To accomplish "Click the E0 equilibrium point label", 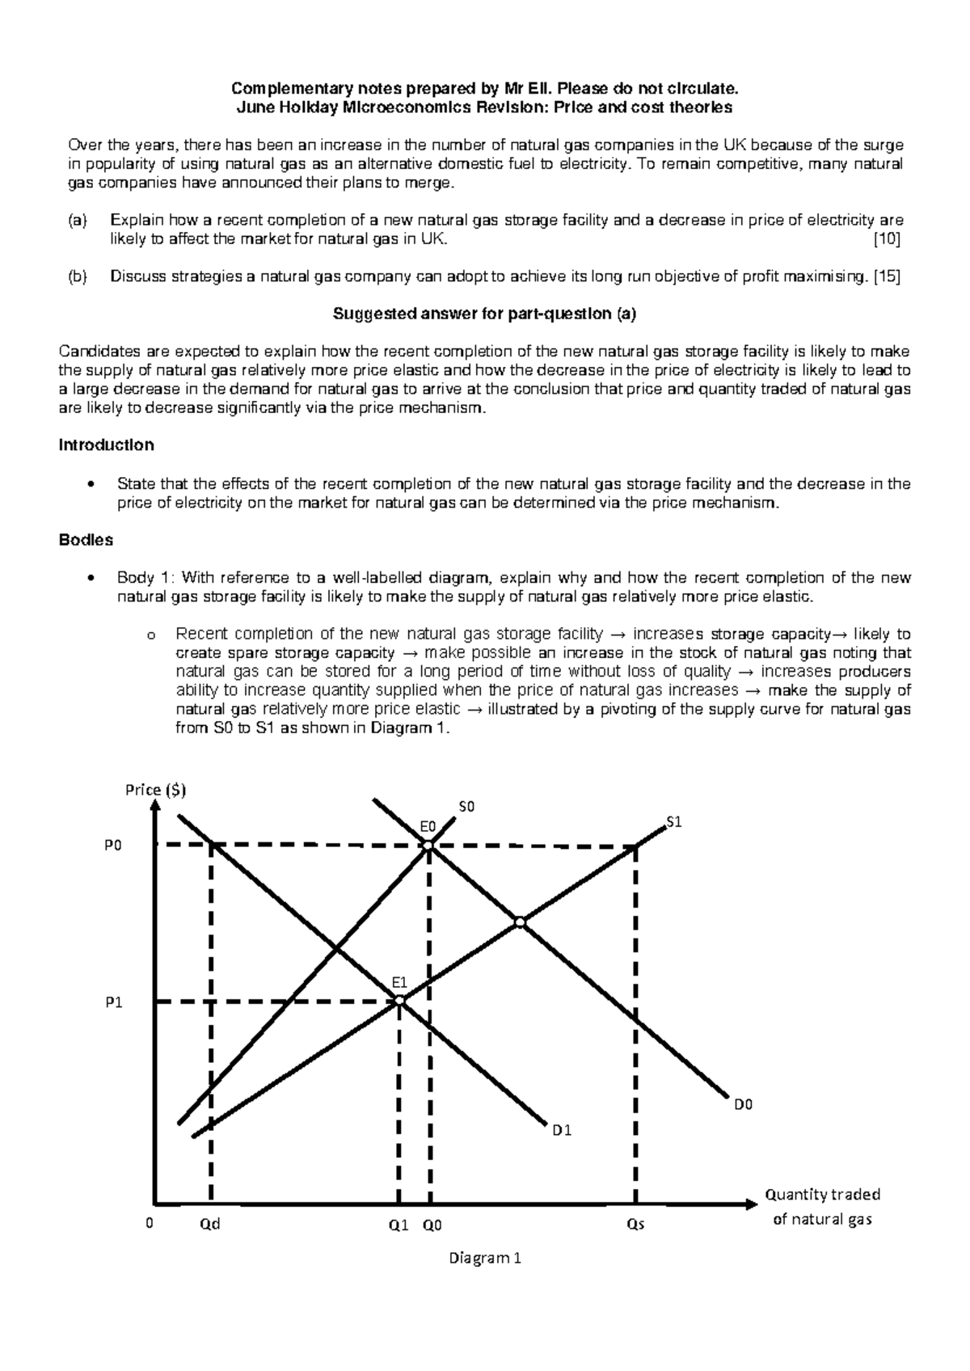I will (x=427, y=826).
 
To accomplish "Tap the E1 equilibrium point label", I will (x=399, y=982).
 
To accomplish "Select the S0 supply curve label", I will (x=467, y=807).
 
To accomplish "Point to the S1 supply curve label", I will (x=674, y=822).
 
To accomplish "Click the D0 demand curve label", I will (x=743, y=1105).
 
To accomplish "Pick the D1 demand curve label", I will (x=562, y=1130).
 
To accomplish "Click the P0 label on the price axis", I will (x=113, y=845).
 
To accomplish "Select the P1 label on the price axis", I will (x=113, y=1002).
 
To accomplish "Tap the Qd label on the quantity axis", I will (x=209, y=1225).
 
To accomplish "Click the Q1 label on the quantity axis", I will (x=399, y=1225).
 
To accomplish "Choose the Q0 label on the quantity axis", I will (x=432, y=1225).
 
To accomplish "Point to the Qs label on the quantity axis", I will (x=636, y=1225).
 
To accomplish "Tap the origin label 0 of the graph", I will (x=149, y=1224).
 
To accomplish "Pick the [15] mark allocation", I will (x=887, y=276).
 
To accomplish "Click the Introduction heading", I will (x=107, y=445).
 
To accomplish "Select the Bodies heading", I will (x=86, y=539).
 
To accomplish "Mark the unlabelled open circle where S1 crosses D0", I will (x=521, y=922).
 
